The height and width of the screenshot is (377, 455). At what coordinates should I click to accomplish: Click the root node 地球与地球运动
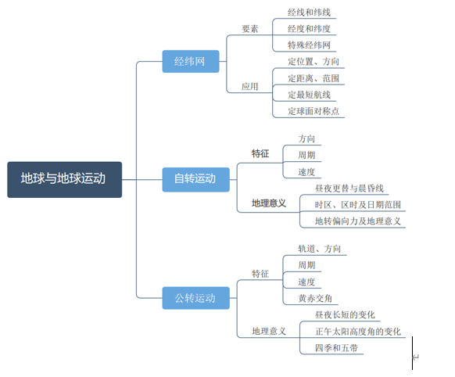click(64, 179)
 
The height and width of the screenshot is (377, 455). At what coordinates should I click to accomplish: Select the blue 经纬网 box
click(190, 61)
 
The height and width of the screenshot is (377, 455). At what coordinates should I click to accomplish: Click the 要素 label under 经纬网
click(250, 29)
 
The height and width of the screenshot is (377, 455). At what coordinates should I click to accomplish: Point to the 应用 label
click(250, 87)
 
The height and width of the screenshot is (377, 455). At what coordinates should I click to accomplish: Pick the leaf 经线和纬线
click(309, 13)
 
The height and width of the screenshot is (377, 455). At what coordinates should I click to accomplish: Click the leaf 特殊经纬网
click(309, 45)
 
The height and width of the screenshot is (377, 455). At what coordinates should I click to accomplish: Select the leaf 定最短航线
click(310, 95)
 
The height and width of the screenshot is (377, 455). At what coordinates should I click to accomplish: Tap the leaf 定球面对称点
click(314, 111)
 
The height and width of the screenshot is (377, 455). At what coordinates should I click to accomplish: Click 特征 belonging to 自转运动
click(260, 154)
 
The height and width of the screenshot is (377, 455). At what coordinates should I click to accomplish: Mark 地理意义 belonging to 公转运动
click(269, 331)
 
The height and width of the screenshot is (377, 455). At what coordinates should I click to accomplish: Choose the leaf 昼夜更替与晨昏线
click(349, 188)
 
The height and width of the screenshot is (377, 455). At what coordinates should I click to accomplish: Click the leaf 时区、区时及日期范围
click(358, 204)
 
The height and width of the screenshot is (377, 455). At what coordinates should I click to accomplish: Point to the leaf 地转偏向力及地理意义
click(358, 221)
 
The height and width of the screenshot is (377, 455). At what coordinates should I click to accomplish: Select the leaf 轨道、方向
click(319, 249)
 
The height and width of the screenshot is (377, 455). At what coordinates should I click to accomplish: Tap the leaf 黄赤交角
click(315, 298)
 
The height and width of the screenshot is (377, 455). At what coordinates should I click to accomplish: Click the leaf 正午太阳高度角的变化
click(358, 331)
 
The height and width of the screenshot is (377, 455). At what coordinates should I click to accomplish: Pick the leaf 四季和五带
click(337, 347)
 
